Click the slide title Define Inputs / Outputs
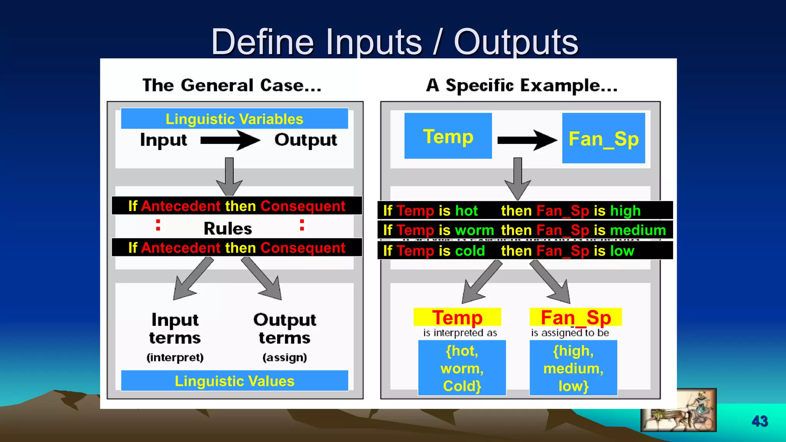pyautogui.click(x=395, y=42)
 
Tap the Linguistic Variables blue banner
pyautogui.click(x=234, y=119)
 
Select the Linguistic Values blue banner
pyautogui.click(x=234, y=381)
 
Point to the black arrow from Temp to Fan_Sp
pyautogui.click(x=527, y=140)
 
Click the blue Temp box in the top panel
pyautogui.click(x=448, y=136)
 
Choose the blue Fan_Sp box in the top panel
pyautogui.click(x=603, y=139)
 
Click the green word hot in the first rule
pyautogui.click(x=466, y=211)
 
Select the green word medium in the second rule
pyautogui.click(x=638, y=230)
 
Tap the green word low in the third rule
pyautogui.click(x=622, y=251)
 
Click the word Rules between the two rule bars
pyautogui.click(x=228, y=229)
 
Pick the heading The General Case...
pyautogui.click(x=232, y=85)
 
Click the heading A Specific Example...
pyautogui.click(x=522, y=85)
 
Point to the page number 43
pyautogui.click(x=760, y=421)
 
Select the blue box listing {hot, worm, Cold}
pyautogui.click(x=462, y=368)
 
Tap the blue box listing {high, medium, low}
pyautogui.click(x=573, y=368)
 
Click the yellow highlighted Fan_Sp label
pyautogui.click(x=575, y=317)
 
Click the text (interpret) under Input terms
pyautogui.click(x=175, y=357)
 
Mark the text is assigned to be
pyautogui.click(x=570, y=333)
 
